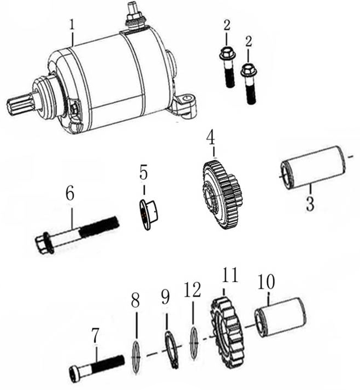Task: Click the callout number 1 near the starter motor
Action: (72, 25)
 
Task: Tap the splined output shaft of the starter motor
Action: (20, 102)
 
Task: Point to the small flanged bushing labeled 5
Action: (147, 215)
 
